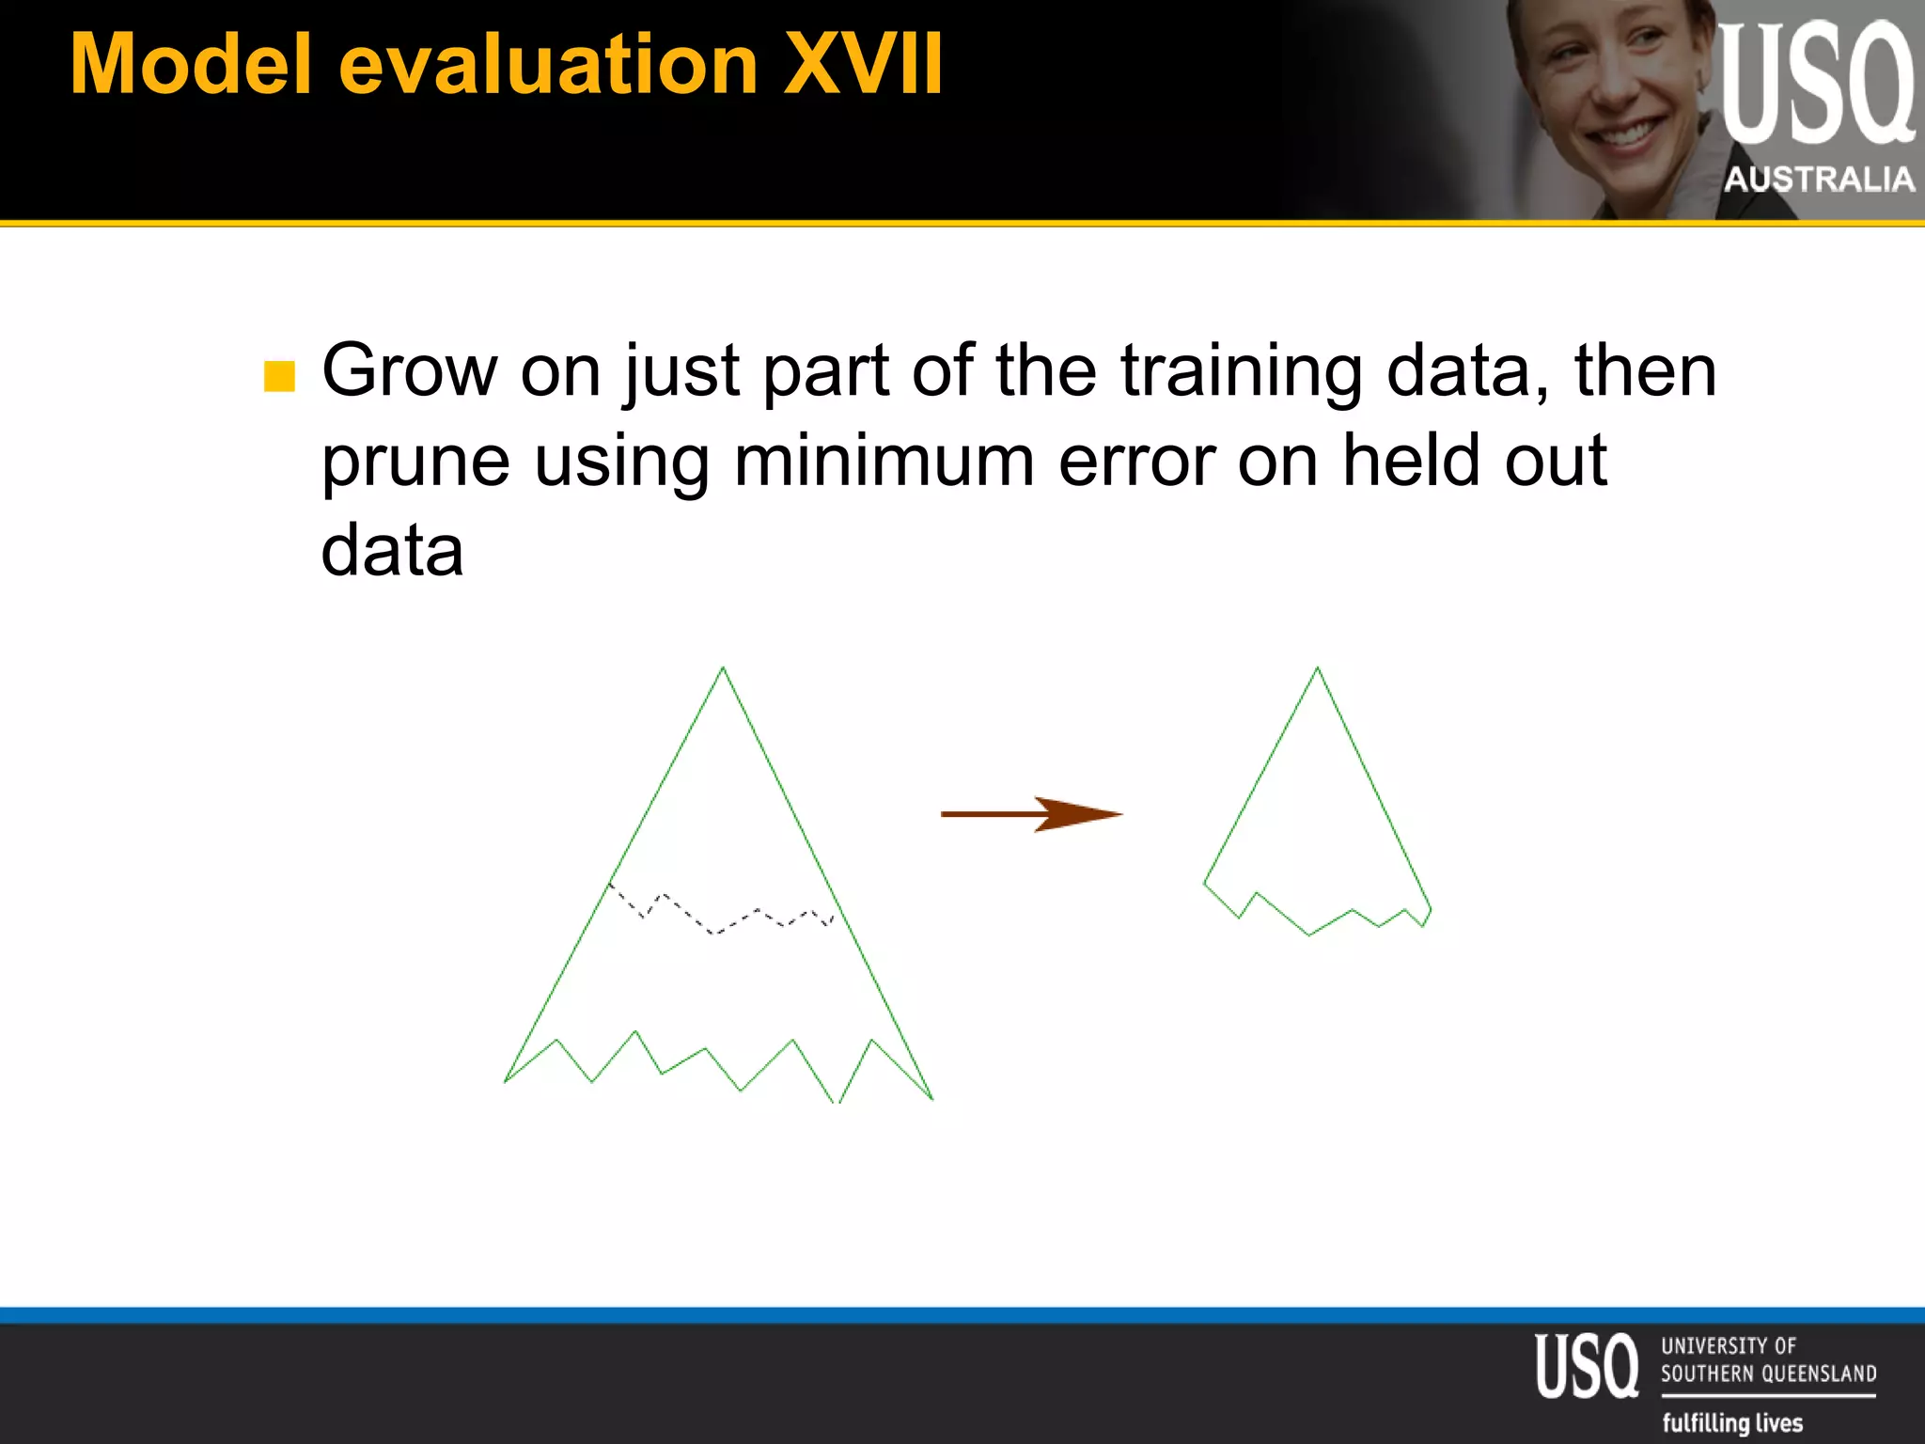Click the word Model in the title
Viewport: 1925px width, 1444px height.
(191, 65)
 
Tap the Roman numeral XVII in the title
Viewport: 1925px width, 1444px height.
(862, 65)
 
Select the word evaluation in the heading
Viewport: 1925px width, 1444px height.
(548, 65)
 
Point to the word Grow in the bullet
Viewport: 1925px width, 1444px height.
(409, 371)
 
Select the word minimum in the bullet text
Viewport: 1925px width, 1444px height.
(884, 461)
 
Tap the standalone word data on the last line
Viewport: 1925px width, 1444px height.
(392, 551)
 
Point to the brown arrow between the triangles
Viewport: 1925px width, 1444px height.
(1031, 814)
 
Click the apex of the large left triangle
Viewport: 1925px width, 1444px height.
(723, 668)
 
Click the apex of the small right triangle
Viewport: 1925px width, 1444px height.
(1317, 668)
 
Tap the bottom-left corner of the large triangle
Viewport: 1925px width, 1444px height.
(507, 1080)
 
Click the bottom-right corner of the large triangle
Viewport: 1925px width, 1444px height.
(931, 1097)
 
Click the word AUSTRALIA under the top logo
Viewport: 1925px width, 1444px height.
(1819, 179)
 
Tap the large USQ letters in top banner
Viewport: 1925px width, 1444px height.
(1815, 85)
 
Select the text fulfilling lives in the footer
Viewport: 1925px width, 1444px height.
(1732, 1422)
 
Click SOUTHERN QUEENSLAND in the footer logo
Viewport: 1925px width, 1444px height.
(1768, 1373)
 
